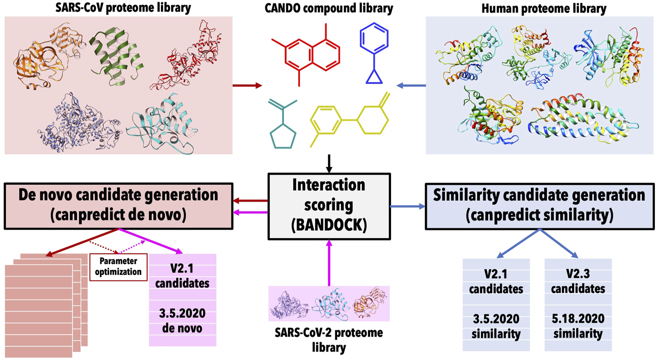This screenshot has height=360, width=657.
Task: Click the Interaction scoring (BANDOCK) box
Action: (329, 206)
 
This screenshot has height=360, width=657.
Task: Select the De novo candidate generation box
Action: (118, 205)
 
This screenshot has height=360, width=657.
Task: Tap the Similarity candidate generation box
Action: (539, 205)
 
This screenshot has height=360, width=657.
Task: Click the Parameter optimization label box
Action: (118, 267)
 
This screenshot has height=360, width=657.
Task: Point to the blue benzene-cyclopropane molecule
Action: (374, 52)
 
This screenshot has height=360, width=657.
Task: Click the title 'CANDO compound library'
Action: (328, 8)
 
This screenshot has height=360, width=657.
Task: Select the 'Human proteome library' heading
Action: (544, 8)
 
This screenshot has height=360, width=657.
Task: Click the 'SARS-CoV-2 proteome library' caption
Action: (328, 340)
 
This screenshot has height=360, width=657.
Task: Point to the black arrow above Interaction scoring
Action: (329, 164)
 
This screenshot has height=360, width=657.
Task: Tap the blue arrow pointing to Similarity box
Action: (407, 207)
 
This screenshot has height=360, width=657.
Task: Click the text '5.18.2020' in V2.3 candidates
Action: (578, 318)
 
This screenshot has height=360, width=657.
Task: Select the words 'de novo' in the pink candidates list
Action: (182, 328)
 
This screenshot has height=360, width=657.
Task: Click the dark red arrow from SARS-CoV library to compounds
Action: (247, 86)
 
